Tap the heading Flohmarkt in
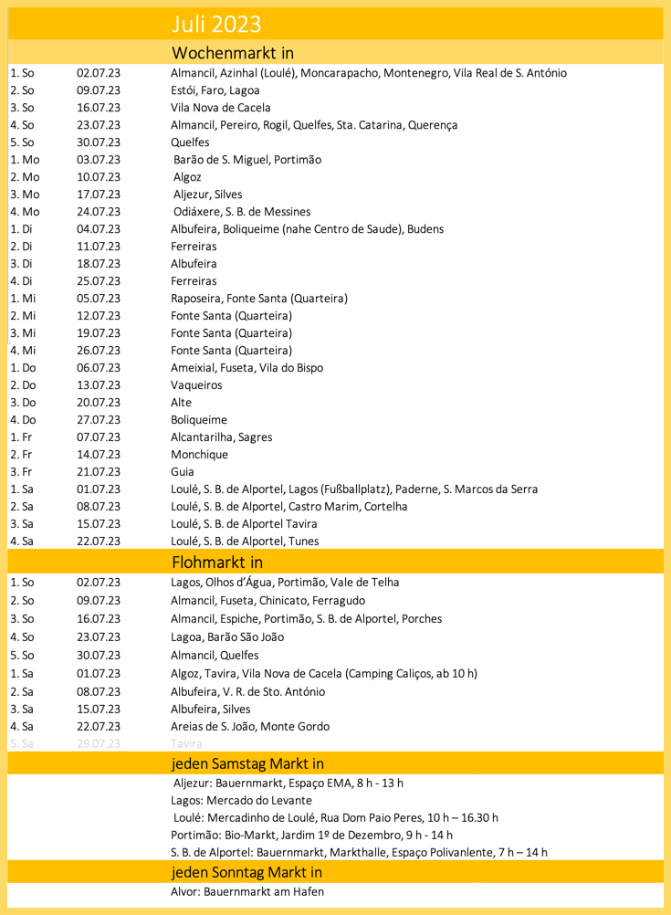[x=217, y=561]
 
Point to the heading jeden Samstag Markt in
[x=247, y=762]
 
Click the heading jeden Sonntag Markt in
[x=246, y=873]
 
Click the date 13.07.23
[x=99, y=385]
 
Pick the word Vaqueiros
[x=196, y=385]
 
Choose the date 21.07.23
[x=99, y=472]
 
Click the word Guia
[x=183, y=472]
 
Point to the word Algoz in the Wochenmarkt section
[x=187, y=177]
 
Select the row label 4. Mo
[x=25, y=212]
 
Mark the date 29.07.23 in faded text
[x=99, y=744]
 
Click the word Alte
[x=182, y=403]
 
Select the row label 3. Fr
[x=22, y=472]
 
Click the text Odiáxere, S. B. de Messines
[x=242, y=212]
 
